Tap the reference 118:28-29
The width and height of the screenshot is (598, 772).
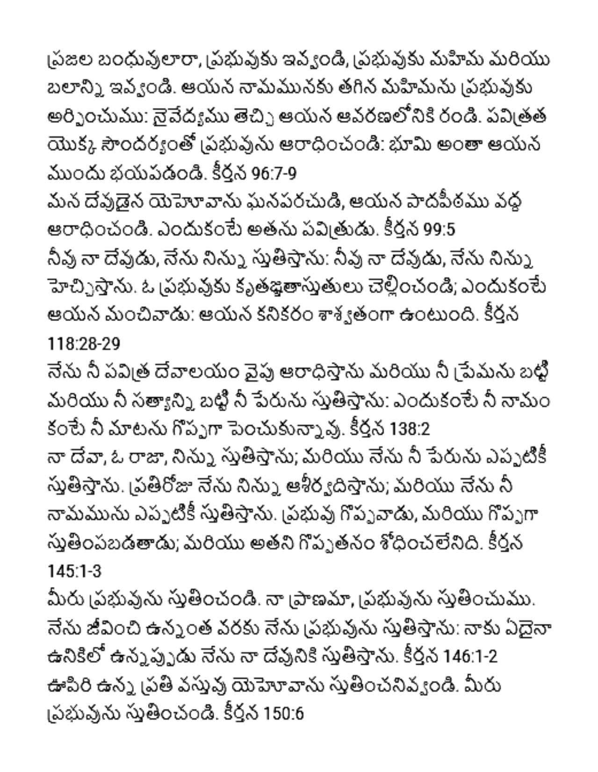click(x=84, y=344)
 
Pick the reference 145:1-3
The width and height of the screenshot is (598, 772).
click(x=74, y=571)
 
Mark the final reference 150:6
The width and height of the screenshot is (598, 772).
click(x=283, y=714)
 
